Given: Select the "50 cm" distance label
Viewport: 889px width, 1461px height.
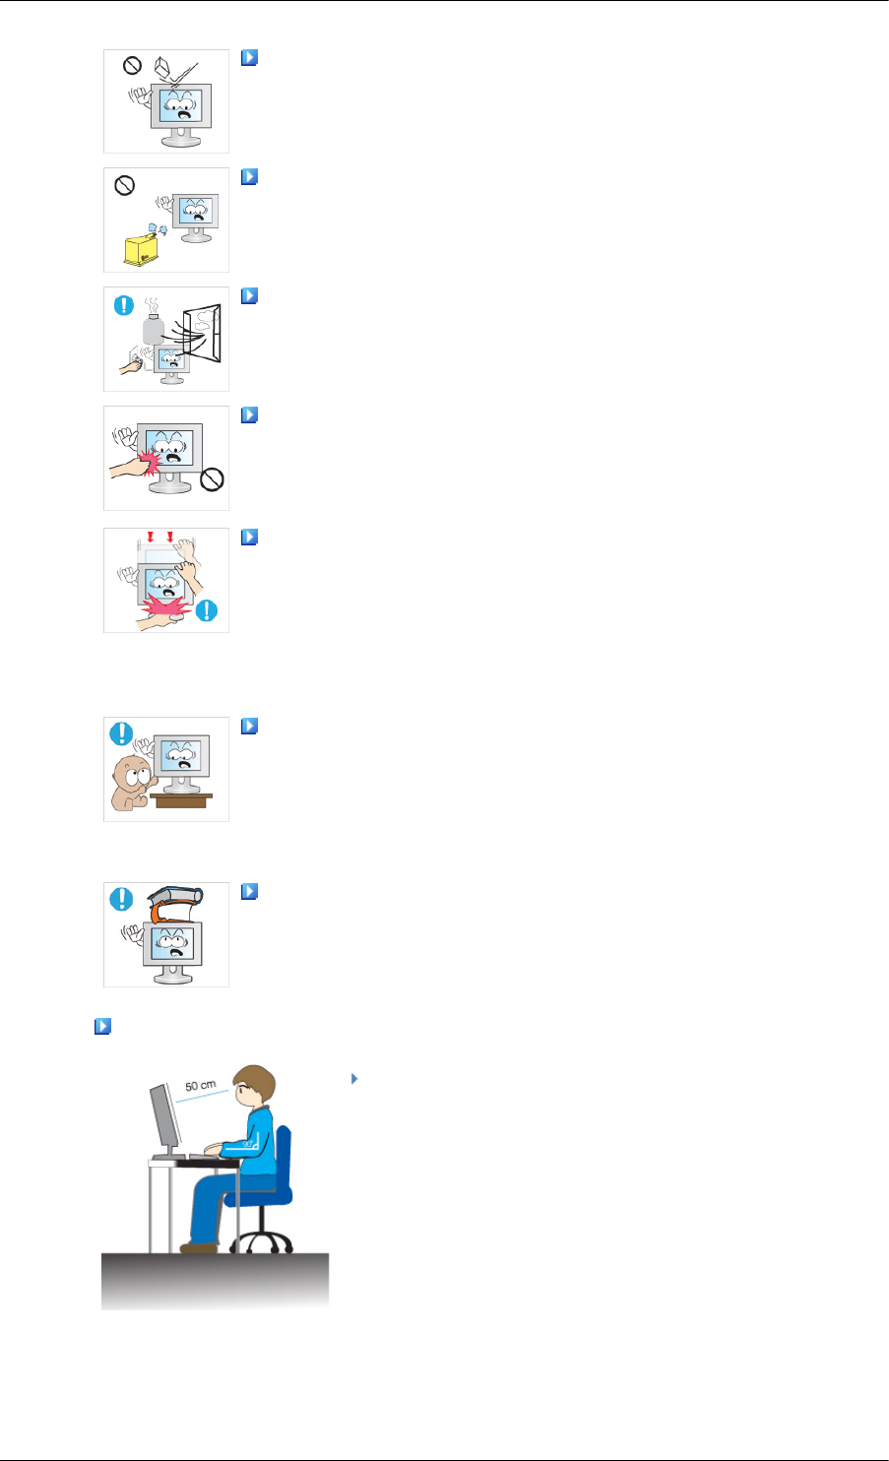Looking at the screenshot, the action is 200,1086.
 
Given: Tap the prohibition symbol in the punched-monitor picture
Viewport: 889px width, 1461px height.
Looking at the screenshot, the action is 211,479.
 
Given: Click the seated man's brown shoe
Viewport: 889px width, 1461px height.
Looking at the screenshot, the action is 200,1247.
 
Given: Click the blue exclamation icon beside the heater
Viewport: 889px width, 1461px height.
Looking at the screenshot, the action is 123,304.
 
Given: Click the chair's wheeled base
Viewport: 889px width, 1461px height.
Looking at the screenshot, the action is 262,1239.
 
